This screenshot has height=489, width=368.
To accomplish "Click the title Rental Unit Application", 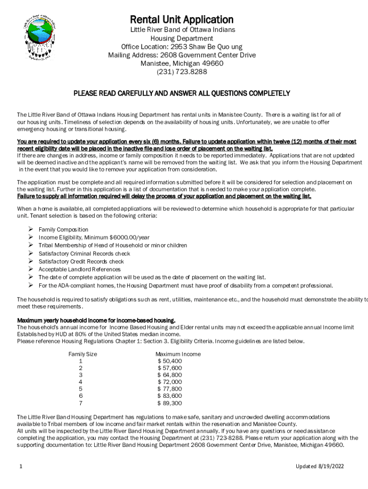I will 182,20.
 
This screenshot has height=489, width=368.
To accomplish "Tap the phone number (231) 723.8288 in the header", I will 182,72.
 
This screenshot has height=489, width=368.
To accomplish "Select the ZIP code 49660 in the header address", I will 212,64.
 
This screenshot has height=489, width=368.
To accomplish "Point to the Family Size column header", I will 83,354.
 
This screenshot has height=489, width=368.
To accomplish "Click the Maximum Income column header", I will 178,354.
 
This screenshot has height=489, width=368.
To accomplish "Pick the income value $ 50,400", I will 170,361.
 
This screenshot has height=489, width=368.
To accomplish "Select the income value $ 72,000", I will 170,382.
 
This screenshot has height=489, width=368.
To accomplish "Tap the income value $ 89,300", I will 170,404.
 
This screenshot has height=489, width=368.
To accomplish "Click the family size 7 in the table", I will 81,404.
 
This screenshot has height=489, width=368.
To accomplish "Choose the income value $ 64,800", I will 170,375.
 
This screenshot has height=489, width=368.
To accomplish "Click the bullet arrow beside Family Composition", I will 30,230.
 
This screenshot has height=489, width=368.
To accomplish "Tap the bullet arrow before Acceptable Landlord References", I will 30,269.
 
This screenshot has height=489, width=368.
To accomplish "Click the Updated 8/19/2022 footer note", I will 319,467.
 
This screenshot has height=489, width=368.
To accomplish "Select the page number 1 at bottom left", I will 19,467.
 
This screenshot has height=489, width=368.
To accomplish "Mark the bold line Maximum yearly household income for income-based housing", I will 96,320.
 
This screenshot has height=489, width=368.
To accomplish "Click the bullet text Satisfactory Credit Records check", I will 81,262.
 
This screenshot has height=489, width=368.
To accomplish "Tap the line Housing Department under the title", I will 182,38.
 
